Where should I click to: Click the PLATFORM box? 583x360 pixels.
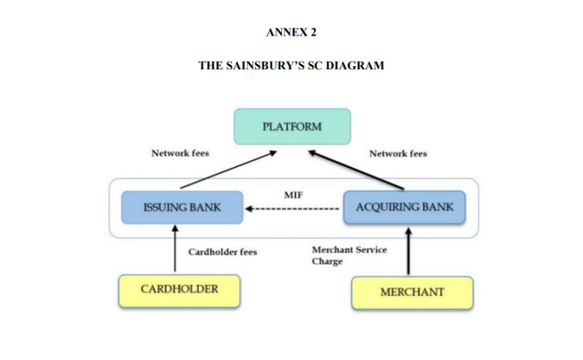coord(291,126)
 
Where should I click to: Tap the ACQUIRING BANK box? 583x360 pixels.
coord(404,207)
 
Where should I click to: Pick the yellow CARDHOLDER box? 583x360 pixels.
coord(179,290)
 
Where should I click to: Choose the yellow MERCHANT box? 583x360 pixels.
coord(412,292)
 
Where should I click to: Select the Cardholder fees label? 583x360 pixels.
coord(223,252)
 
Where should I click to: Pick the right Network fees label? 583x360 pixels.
coord(398,154)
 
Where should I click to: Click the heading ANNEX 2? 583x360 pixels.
coord(291,33)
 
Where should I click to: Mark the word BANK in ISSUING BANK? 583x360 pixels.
coord(205,207)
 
